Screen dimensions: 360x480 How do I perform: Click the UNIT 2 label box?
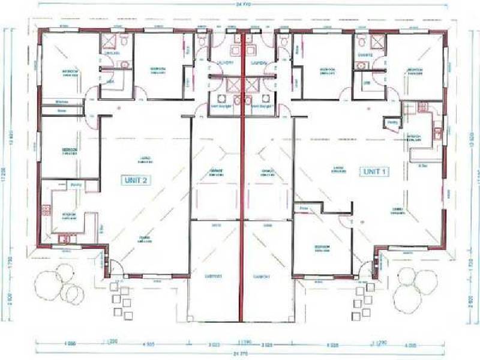pyautogui.click(x=136, y=179)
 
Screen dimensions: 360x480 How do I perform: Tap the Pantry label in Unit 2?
pyautogui.click(x=76, y=185)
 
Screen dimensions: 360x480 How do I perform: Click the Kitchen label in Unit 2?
pyautogui.click(x=70, y=217)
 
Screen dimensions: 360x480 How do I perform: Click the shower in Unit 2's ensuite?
pyautogui.click(x=110, y=42)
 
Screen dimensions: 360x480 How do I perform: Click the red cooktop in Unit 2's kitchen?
pyautogui.click(x=46, y=210)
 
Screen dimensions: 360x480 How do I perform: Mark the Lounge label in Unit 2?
pyautogui.click(x=144, y=160)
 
